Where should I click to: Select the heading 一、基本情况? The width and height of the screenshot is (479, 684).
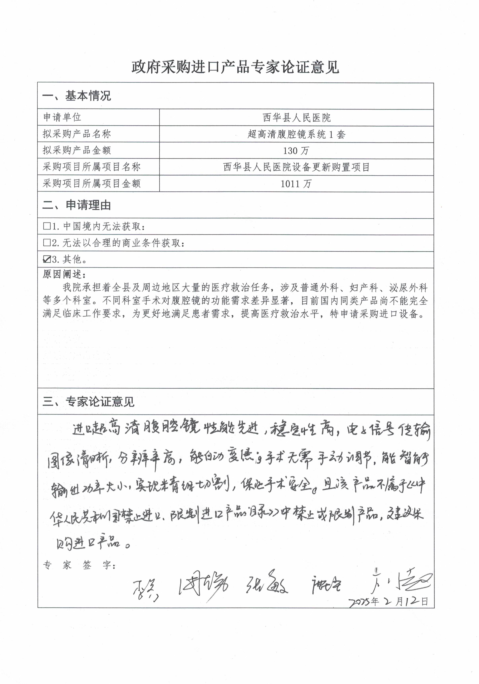(x=77, y=96)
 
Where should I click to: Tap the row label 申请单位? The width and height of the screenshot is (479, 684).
(x=62, y=117)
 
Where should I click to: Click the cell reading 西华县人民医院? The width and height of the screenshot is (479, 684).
(x=296, y=118)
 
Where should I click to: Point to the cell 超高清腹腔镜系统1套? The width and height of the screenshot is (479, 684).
(x=296, y=134)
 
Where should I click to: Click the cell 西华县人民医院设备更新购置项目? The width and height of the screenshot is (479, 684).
(x=296, y=167)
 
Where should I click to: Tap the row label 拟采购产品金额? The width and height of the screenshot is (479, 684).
(x=77, y=150)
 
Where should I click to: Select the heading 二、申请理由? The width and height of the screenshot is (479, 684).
(x=77, y=205)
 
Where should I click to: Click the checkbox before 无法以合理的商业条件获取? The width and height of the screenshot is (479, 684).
(x=47, y=243)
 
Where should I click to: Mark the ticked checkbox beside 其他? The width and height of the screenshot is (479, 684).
(x=47, y=259)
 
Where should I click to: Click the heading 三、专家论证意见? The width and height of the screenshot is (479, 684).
(x=88, y=402)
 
